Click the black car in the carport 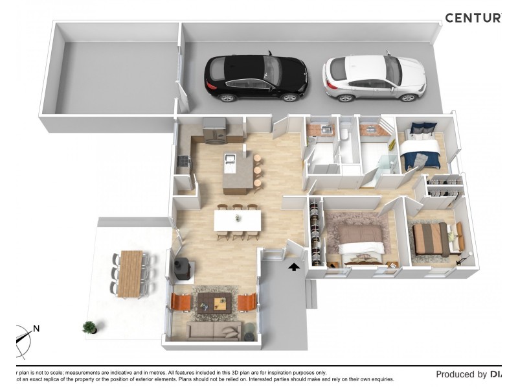pos(256,78)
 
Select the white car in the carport pos(374,78)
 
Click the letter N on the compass pos(36,329)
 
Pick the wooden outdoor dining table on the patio pos(131,272)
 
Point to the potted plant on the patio pos(89,327)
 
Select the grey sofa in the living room pos(214,331)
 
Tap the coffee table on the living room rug pos(214,300)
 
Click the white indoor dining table pos(237,220)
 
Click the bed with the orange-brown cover pos(431,239)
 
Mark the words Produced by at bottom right pos(461,374)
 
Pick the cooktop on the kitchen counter pos(183,161)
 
